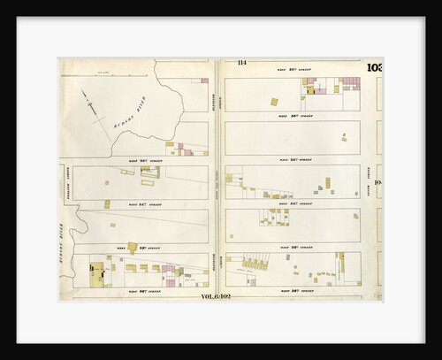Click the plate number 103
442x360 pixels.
(x=374, y=68)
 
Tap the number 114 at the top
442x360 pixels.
(x=240, y=62)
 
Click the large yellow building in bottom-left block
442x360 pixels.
(x=95, y=275)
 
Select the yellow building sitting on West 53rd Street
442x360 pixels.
(x=133, y=248)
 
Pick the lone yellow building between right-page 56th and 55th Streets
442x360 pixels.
(x=344, y=136)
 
